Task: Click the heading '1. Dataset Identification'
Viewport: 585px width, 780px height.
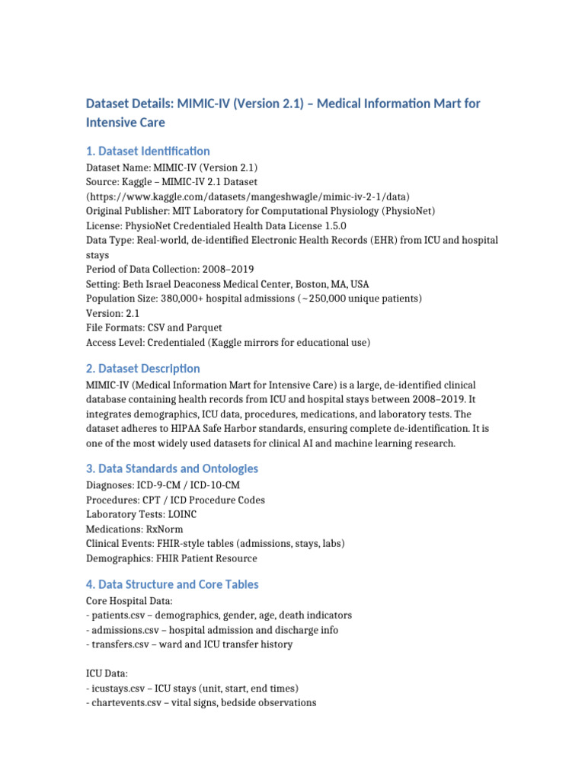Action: tap(148, 151)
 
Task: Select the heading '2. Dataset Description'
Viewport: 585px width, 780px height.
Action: tap(143, 368)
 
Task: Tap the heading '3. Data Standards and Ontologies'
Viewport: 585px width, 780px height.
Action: tap(172, 468)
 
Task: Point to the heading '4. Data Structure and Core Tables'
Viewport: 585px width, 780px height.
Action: tap(172, 584)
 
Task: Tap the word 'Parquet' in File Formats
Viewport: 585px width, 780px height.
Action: tap(206, 327)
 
